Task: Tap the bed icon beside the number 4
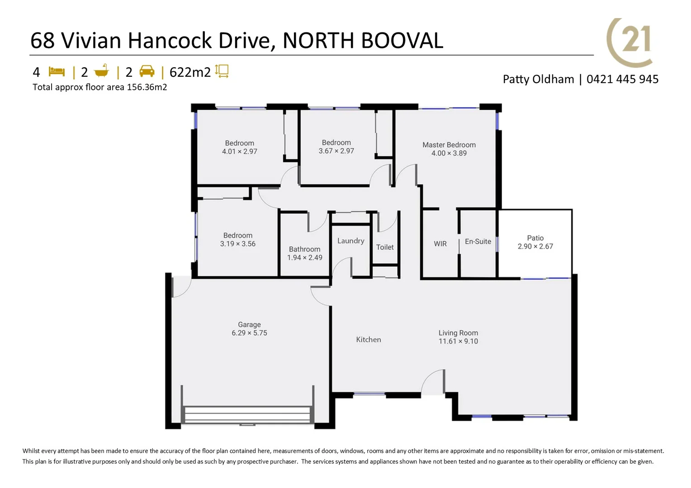[57, 72]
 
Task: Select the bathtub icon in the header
[102, 71]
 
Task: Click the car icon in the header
[147, 71]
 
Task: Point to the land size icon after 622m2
[222, 71]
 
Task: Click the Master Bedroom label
[449, 145]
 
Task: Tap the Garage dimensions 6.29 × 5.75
[249, 333]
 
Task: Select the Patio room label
[535, 238]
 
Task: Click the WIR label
[440, 244]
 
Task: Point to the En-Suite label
[478, 242]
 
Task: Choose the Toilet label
[385, 247]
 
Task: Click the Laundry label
[350, 241]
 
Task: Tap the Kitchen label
[368, 340]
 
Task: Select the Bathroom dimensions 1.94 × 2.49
[304, 258]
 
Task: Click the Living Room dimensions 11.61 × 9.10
[458, 342]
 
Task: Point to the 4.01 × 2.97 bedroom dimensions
[239, 152]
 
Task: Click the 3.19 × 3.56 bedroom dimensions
[237, 244]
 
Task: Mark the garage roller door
[247, 415]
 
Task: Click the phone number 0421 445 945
[622, 80]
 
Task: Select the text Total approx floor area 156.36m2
[100, 87]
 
